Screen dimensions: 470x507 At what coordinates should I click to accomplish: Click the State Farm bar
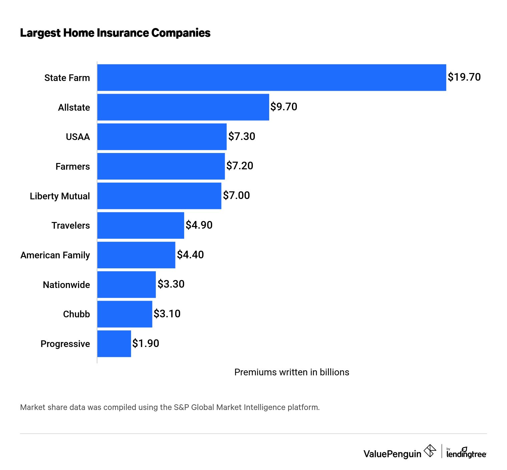click(272, 77)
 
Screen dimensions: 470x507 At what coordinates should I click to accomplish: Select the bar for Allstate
click(183, 107)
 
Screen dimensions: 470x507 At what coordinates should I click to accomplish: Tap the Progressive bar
click(114, 344)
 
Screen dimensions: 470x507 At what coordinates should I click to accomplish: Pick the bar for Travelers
click(140, 225)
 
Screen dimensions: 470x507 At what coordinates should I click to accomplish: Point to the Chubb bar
click(125, 314)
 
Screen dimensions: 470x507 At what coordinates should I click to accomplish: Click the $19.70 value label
click(464, 77)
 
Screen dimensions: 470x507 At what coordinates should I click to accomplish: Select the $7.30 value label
click(241, 136)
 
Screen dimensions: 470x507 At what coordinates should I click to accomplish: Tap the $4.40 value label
click(190, 255)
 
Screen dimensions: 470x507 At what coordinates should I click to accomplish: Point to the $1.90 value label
click(145, 343)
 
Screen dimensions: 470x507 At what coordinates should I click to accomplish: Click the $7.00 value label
click(236, 195)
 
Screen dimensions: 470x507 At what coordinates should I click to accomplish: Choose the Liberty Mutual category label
click(60, 196)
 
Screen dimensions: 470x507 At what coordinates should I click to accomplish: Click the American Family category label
click(55, 255)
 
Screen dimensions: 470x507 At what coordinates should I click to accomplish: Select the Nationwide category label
click(66, 285)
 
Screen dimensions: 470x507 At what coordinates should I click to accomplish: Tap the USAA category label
click(78, 137)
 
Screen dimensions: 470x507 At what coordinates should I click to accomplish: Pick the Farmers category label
click(73, 166)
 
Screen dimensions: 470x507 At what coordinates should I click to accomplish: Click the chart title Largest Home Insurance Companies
click(115, 33)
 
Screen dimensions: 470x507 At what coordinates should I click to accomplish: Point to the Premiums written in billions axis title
click(292, 372)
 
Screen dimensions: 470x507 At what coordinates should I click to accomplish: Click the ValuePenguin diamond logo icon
click(430, 451)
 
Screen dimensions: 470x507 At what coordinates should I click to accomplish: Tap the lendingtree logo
click(466, 453)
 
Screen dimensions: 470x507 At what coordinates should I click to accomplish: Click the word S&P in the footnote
click(181, 407)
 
